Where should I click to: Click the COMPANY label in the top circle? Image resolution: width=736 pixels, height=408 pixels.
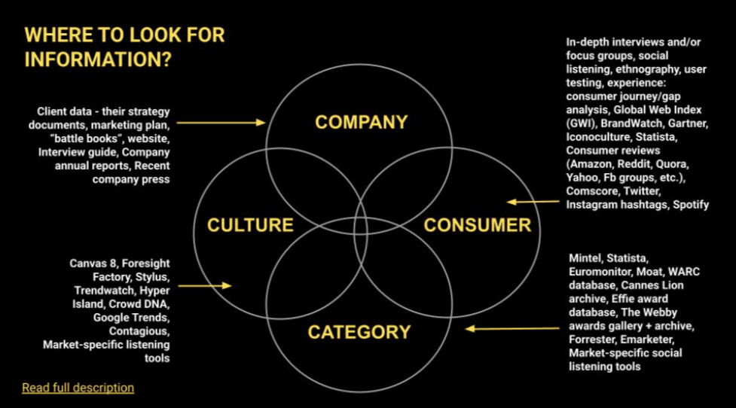[x=361, y=123]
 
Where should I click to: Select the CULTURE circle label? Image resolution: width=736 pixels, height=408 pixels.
[x=250, y=225]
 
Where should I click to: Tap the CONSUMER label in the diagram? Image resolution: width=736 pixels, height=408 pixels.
[x=478, y=225]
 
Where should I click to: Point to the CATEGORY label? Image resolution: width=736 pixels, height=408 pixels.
[x=359, y=332]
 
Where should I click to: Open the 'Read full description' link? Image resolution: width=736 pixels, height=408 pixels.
[x=78, y=388]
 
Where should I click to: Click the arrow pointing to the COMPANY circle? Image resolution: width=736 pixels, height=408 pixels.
[x=221, y=123]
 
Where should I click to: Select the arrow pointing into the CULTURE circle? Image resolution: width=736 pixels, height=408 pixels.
[x=205, y=285]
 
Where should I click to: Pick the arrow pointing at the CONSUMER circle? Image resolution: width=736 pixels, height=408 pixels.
[x=533, y=202]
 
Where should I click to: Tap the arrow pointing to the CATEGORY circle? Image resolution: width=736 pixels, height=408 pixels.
[x=512, y=329]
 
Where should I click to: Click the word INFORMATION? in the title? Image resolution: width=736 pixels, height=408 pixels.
[x=98, y=60]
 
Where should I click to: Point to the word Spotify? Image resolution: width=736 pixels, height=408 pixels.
[x=691, y=205]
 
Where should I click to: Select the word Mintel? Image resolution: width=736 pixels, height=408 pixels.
[x=585, y=258]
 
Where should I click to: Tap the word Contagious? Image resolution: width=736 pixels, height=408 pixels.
[x=139, y=331]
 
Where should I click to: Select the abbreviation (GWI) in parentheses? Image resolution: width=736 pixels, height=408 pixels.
[x=582, y=123]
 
